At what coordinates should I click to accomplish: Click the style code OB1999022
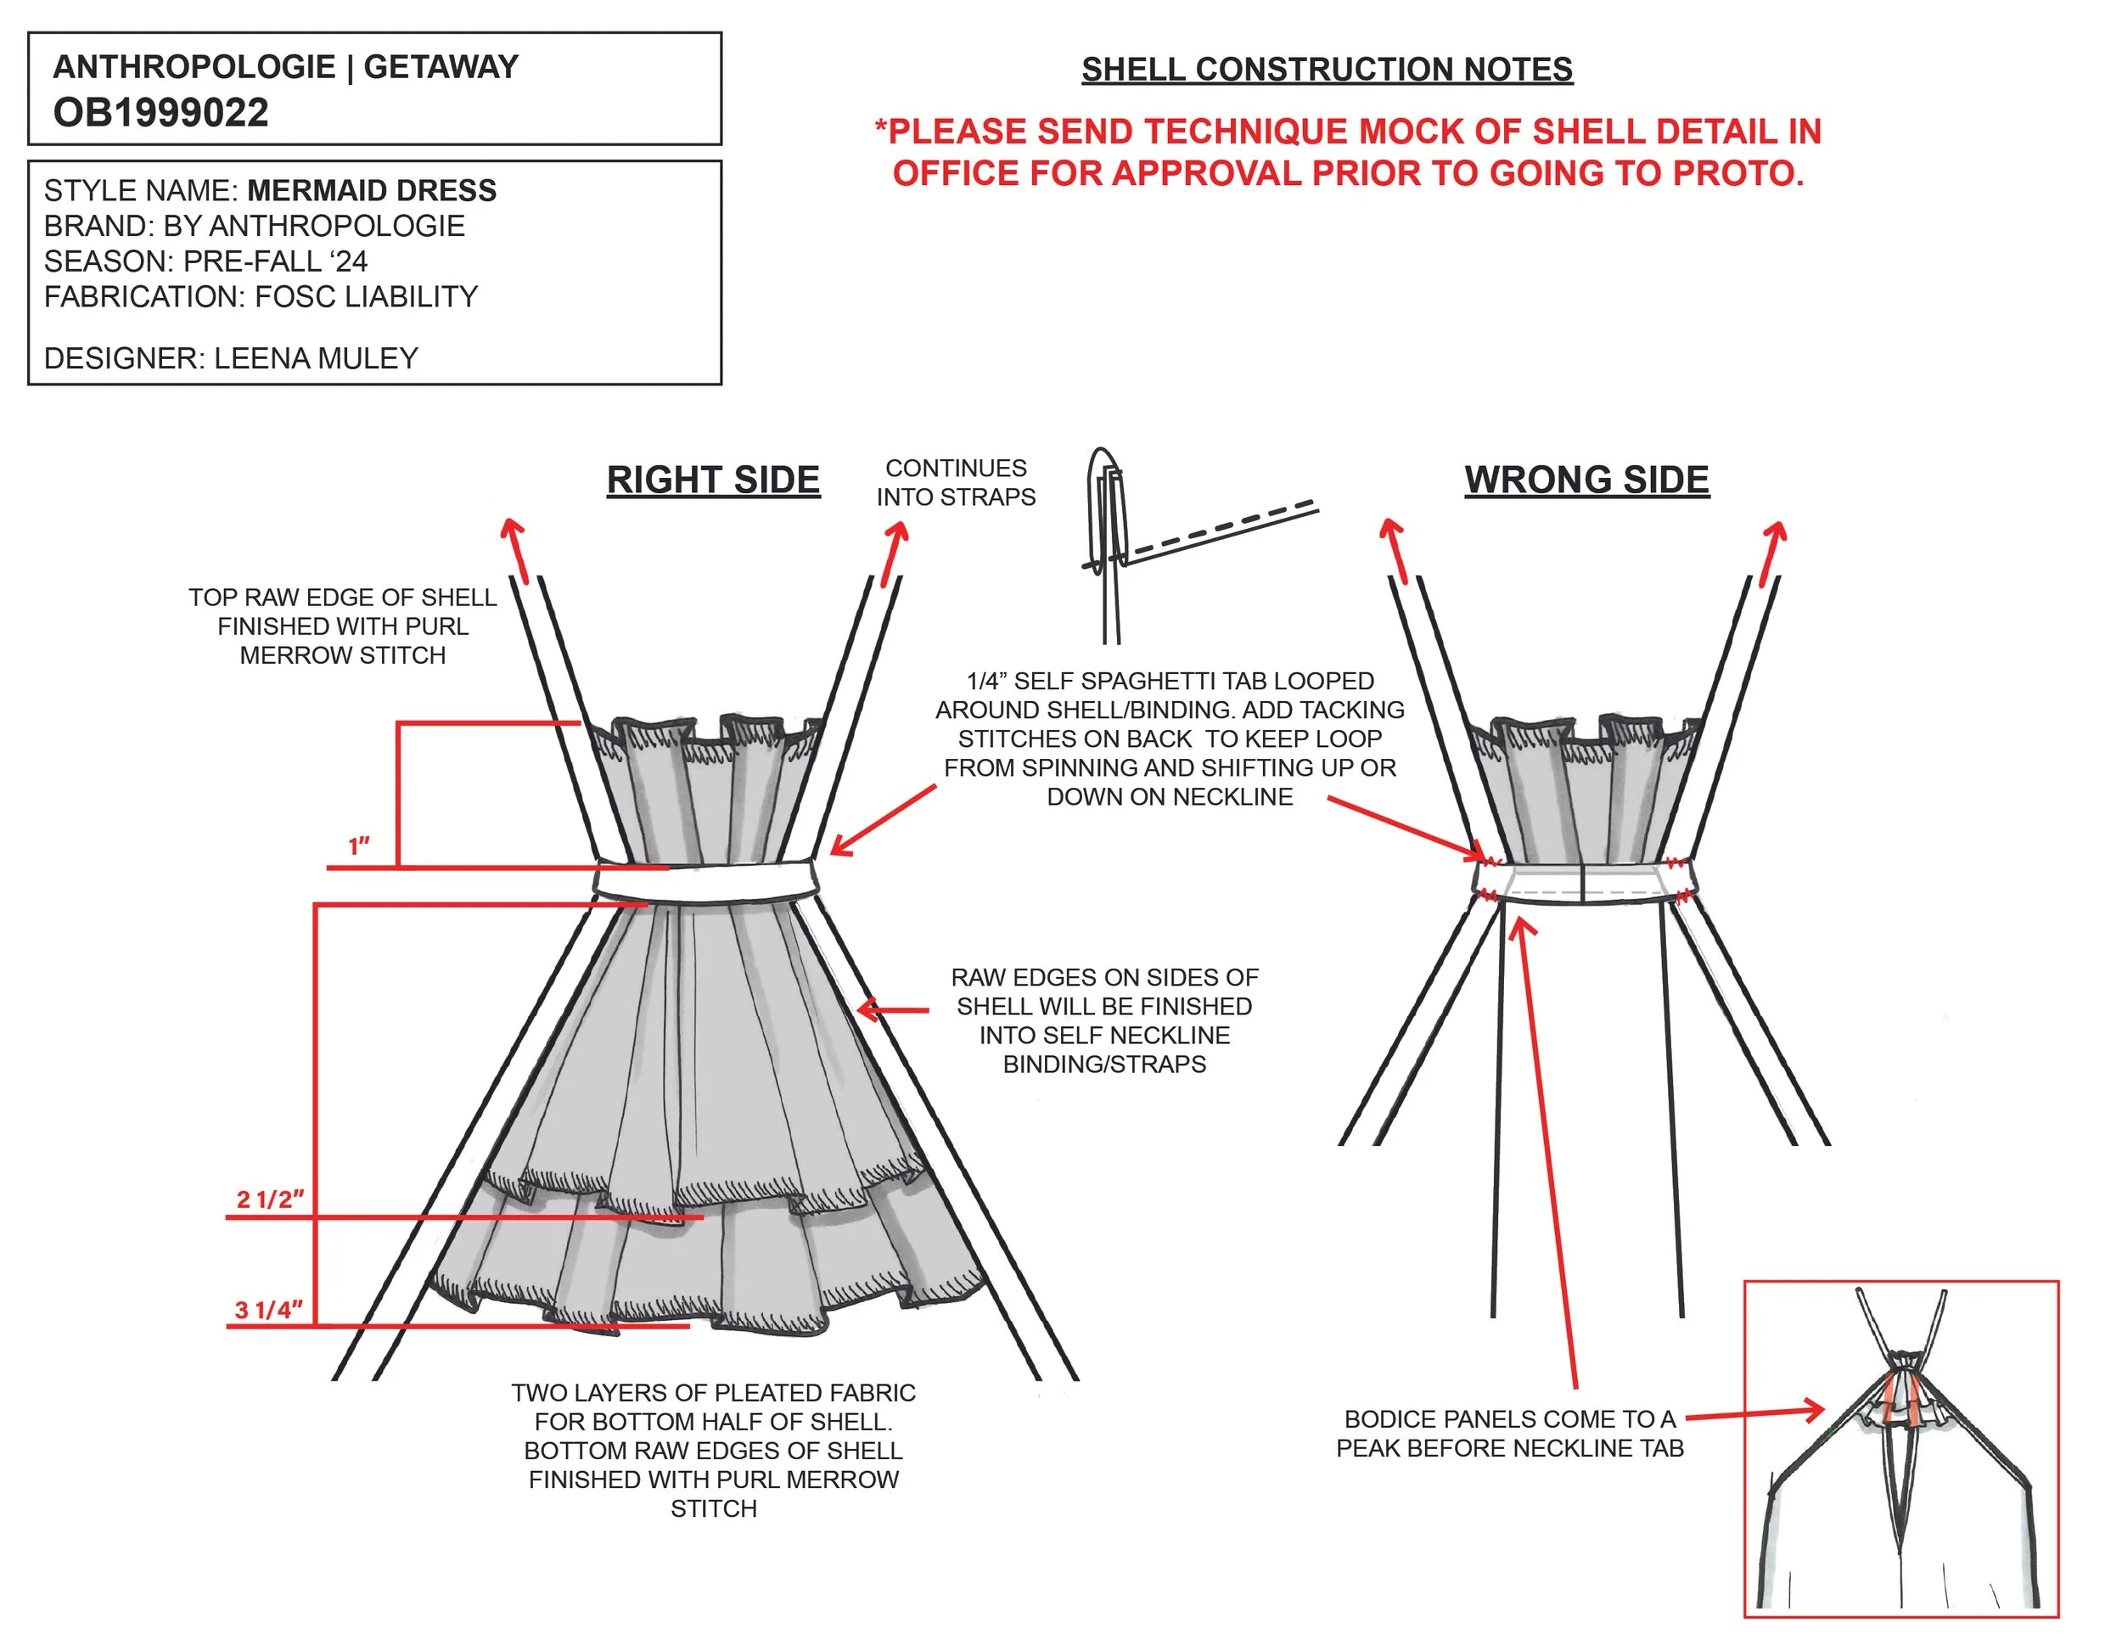[160, 113]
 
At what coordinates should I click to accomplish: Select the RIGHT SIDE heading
[713, 480]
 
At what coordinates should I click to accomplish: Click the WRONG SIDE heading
[1586, 480]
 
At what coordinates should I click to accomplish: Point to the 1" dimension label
[360, 846]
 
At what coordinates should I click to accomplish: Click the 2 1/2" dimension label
[270, 1199]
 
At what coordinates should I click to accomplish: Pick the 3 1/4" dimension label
[269, 1310]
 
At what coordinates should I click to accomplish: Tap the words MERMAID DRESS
[371, 190]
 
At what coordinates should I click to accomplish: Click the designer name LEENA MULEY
[316, 358]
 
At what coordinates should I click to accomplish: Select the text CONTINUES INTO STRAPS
[955, 483]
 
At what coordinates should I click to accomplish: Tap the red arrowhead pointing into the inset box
[1813, 1411]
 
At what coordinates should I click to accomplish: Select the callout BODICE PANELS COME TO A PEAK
[1509, 1433]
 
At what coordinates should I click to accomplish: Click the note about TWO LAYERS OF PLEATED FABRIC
[713, 1450]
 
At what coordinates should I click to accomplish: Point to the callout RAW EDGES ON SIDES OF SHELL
[1103, 1020]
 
